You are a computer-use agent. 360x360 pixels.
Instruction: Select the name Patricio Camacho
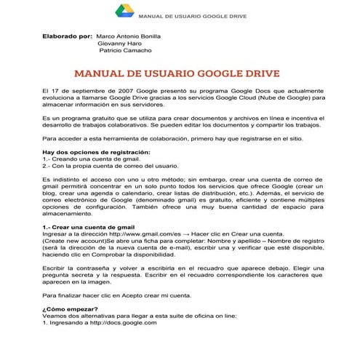point(125,51)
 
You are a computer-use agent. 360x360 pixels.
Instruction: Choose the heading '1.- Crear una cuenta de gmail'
point(89,228)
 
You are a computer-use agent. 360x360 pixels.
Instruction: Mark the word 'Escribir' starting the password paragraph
point(55,268)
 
